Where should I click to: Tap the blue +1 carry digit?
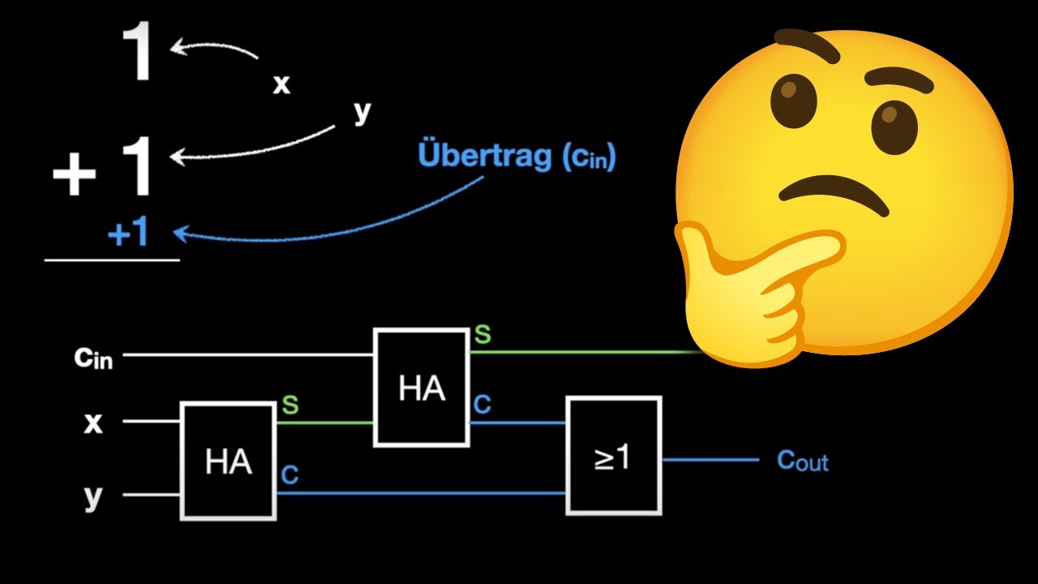[x=128, y=233]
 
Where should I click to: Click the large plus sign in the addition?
[x=74, y=174]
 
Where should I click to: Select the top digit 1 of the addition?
[x=138, y=51]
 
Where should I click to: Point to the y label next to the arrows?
[x=362, y=112]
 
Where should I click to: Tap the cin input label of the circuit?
[x=93, y=359]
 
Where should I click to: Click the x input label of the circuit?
[x=93, y=423]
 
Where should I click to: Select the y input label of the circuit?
[x=93, y=497]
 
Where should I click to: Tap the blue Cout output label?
[x=803, y=462]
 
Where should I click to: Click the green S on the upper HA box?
[x=483, y=334]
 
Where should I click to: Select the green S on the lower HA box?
[x=290, y=405]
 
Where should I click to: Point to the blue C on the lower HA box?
[x=290, y=474]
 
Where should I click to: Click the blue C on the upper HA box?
[x=483, y=405]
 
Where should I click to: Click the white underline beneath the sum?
[x=112, y=260]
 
